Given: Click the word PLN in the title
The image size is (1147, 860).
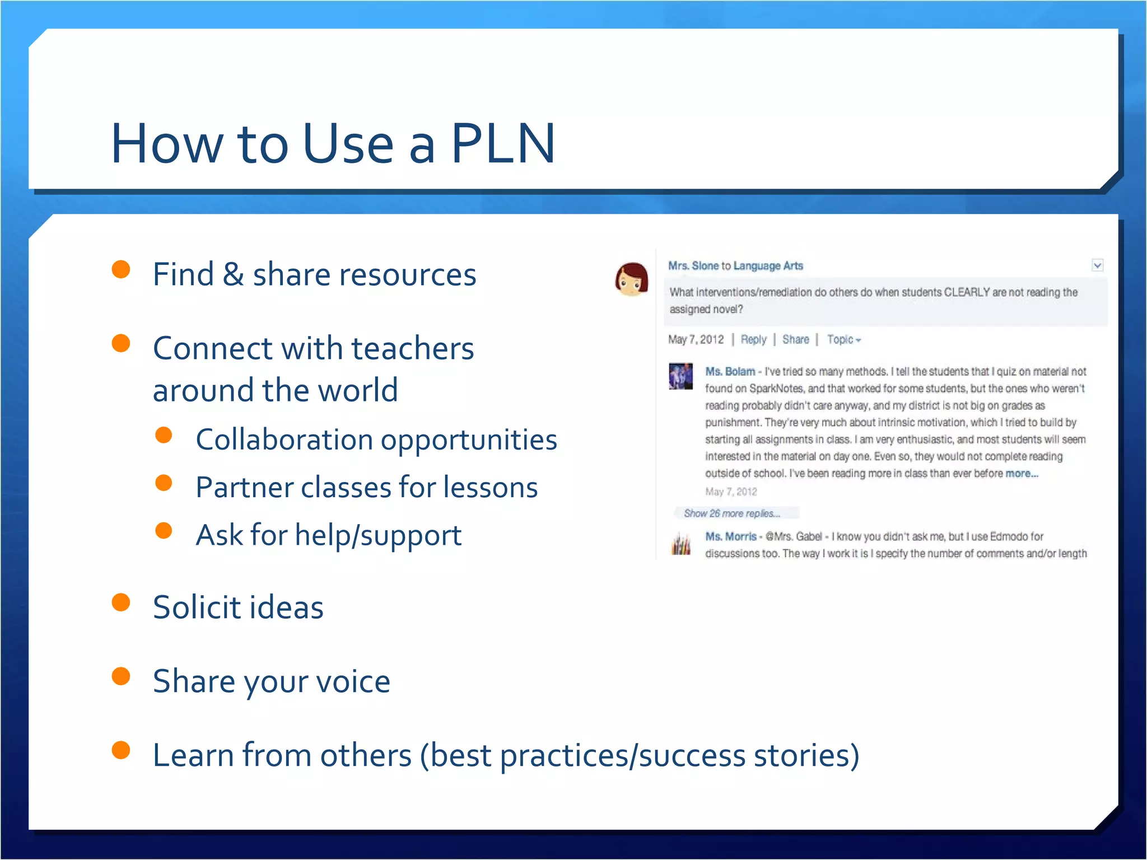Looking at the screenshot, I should (502, 144).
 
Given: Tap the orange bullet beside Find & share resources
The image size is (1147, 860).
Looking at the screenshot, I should (121, 269).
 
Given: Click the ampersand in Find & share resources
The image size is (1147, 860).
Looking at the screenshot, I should (233, 275).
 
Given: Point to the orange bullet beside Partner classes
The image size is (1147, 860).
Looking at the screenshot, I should (164, 483).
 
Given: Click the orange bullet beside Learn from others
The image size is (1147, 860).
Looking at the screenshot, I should (121, 750).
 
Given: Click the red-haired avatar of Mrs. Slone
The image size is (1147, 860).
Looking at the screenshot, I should (632, 279).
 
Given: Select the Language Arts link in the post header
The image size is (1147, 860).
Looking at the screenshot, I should (768, 266).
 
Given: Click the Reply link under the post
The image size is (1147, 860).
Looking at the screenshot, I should (753, 339).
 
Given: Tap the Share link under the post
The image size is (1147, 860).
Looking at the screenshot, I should (795, 339).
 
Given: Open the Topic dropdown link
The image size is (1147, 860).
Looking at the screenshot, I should (843, 339).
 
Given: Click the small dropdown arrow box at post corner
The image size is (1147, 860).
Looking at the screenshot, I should (1097, 265).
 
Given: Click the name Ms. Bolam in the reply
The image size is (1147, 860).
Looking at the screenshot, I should (730, 371).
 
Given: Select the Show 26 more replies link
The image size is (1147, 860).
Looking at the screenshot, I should (731, 513).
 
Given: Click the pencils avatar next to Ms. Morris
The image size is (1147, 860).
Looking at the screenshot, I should (681, 545).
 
